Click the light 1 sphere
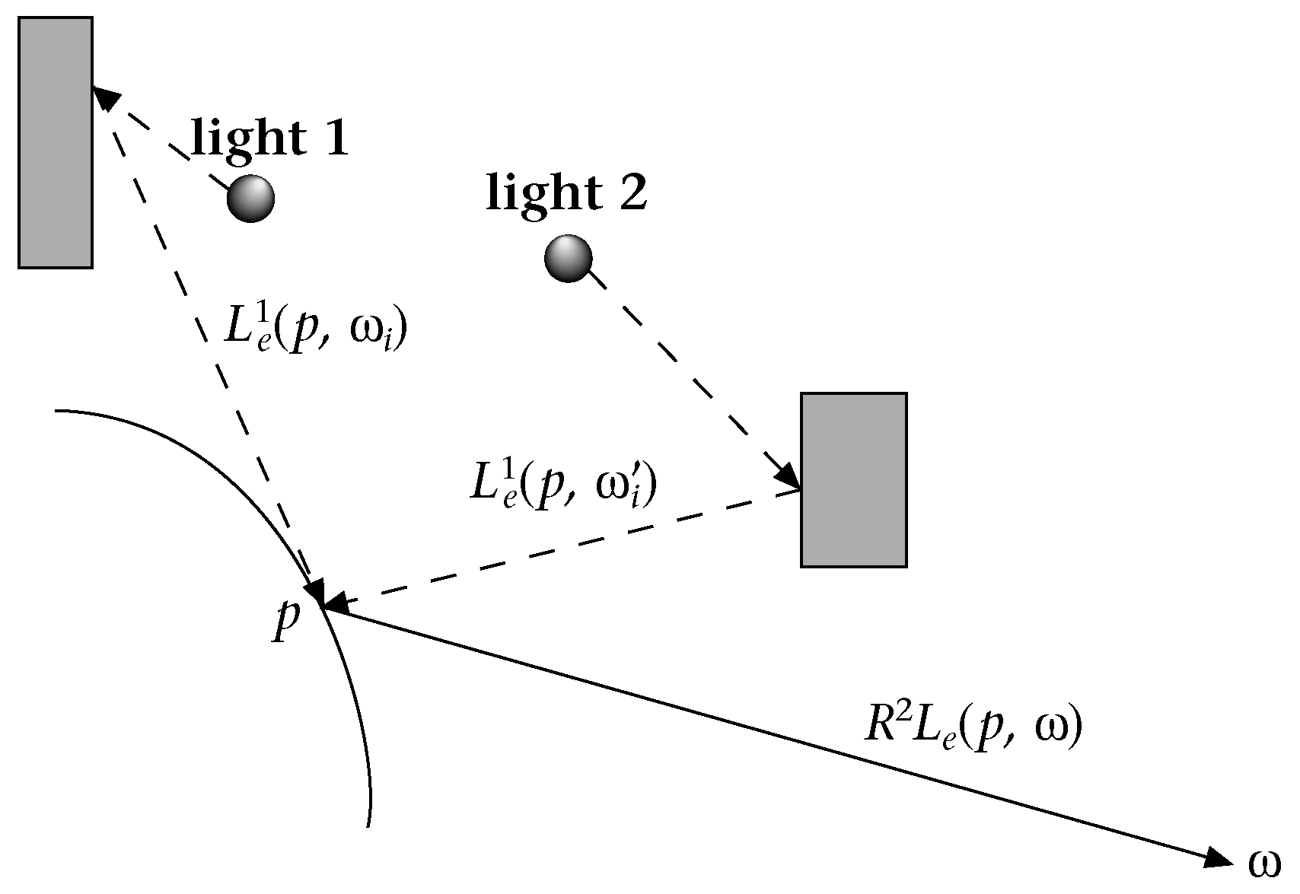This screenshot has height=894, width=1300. coord(250,198)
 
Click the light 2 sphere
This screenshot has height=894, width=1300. coord(569,259)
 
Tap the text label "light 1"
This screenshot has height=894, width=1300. coord(270,138)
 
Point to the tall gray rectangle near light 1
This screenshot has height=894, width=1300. coord(56,142)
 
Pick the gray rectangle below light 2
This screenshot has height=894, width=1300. coord(853,479)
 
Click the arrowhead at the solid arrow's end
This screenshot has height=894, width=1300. coord(1216,858)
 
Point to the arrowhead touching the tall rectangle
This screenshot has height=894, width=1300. coord(106,99)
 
